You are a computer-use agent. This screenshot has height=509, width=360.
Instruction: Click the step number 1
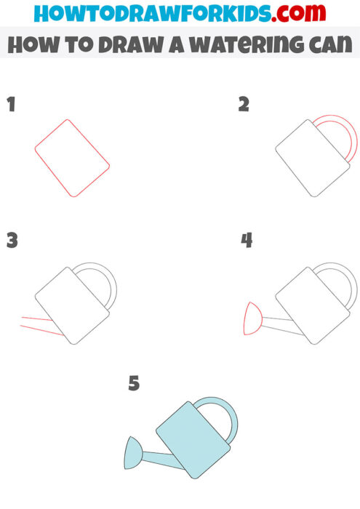11,105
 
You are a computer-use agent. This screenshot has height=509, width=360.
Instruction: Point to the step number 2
244,105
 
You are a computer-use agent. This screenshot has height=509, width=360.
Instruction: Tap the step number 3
12,241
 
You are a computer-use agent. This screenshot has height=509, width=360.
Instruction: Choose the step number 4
247,241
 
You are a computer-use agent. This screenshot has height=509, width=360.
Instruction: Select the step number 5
134,383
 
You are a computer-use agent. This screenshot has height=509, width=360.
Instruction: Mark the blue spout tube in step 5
157,460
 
